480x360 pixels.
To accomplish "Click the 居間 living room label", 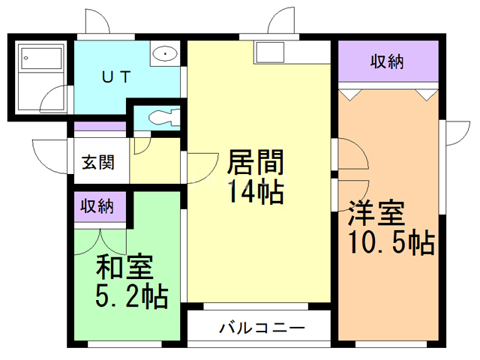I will tap(255, 162).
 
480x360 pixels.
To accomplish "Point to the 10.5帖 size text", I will tap(390, 244).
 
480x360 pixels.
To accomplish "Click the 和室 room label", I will tap(124, 268).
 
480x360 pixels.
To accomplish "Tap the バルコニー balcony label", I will tap(262, 328).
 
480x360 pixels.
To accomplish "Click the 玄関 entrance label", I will tap(97, 162).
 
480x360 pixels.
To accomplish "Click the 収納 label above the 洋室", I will tap(387, 62).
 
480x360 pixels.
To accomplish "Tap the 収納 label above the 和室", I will tap(97, 206).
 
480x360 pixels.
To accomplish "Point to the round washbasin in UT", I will tap(164, 54).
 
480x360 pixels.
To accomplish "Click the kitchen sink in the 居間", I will tap(270, 53).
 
